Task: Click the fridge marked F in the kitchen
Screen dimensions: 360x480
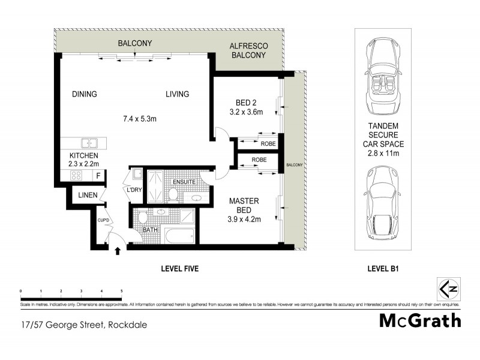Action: [99, 175]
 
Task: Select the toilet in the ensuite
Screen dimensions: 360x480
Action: [173, 193]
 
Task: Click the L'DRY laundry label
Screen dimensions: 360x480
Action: [133, 190]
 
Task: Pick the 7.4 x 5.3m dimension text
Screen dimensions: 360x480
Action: [140, 119]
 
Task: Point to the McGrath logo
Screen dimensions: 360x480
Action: [420, 320]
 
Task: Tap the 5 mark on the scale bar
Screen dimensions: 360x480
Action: [122, 290]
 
